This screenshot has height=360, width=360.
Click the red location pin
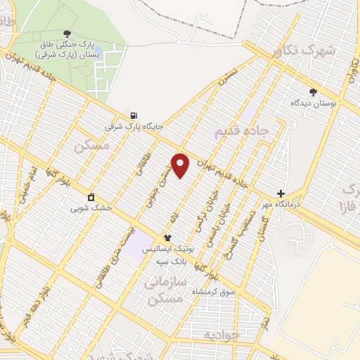point(181,165)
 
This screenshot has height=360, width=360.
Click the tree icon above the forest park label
point(67,34)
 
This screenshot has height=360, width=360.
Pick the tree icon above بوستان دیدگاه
point(313,91)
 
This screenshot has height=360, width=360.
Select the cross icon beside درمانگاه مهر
point(281,193)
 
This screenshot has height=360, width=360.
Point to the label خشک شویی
point(89,207)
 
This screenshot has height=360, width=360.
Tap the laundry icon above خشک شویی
point(90,196)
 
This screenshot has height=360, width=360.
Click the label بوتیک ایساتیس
point(167,250)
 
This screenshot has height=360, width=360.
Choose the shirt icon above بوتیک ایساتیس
point(167,238)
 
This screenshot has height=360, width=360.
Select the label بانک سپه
point(171,261)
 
